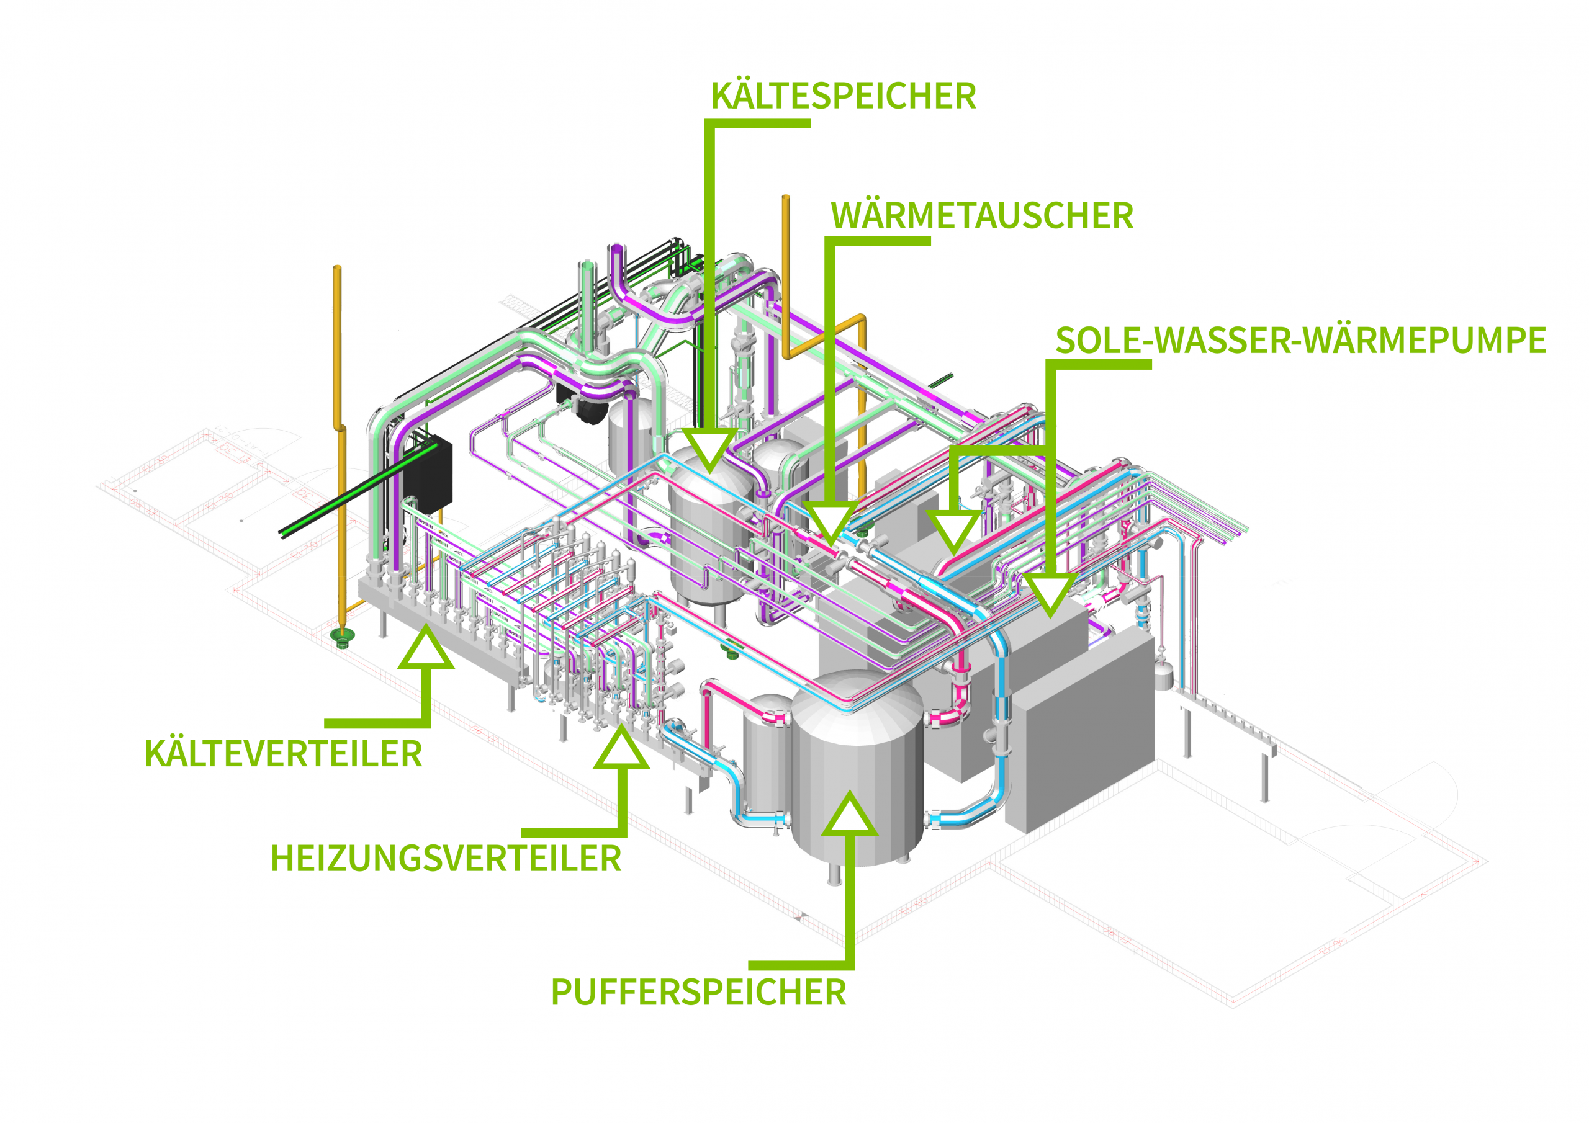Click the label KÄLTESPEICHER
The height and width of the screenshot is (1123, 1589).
pyautogui.click(x=843, y=96)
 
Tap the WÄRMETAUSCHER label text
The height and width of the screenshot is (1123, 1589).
pyautogui.click(x=981, y=216)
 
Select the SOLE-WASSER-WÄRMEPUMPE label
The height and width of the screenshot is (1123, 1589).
pyautogui.click(x=1300, y=341)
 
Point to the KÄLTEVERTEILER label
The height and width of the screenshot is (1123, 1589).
pyautogui.click(x=283, y=753)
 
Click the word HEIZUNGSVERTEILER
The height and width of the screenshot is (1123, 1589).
pyautogui.click(x=446, y=859)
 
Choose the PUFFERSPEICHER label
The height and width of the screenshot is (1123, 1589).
pyautogui.click(x=698, y=992)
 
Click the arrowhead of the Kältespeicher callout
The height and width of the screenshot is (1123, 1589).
pyautogui.click(x=709, y=449)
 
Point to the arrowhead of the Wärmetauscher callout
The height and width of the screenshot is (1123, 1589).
pyautogui.click(x=831, y=524)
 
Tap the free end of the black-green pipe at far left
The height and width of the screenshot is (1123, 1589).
pyautogui.click(x=284, y=532)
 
